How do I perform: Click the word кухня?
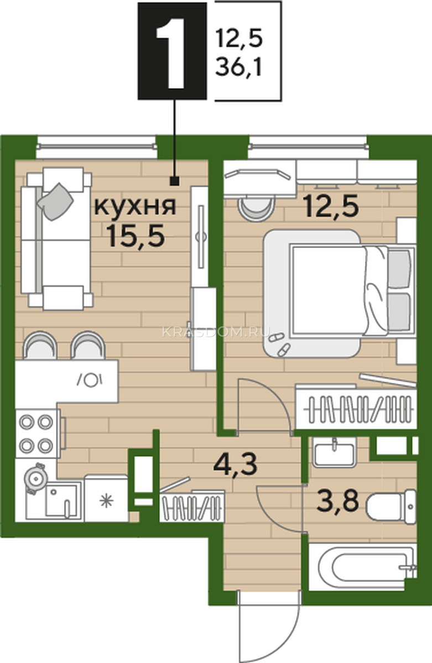pos(135,206)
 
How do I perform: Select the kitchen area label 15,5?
pos(136,235)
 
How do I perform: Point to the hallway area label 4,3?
pos(235,465)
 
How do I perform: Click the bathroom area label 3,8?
pos(338,501)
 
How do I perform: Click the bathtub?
pos(363,567)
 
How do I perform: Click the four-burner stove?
pos(36,434)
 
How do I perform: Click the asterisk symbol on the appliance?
pos(106,502)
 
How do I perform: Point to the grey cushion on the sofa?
pos(55,202)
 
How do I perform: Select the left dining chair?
pos(40,345)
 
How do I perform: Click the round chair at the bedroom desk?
pos(257,208)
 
